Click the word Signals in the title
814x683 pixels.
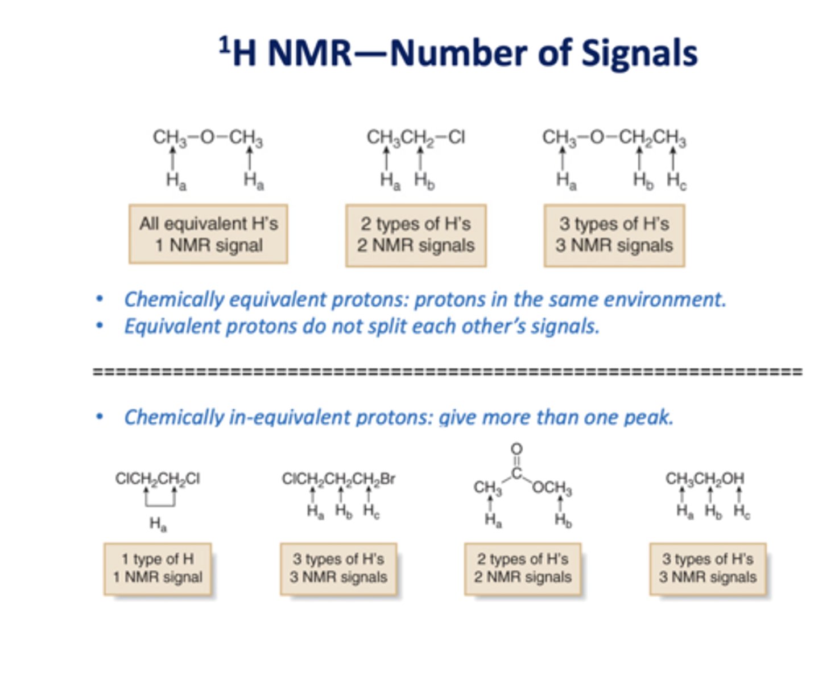click(639, 54)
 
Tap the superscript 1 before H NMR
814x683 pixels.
click(225, 44)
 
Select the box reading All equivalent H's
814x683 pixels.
click(208, 234)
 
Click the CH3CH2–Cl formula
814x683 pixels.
click(415, 137)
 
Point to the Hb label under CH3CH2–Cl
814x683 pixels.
click(424, 180)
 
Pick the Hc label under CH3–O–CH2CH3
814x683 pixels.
click(676, 180)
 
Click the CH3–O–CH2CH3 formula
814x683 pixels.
click(614, 138)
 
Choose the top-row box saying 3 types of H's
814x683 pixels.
click(614, 234)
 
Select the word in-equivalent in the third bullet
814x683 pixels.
click(276, 417)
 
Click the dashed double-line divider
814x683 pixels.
click(447, 372)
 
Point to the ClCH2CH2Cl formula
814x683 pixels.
click(158, 479)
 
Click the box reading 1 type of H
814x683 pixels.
click(158, 568)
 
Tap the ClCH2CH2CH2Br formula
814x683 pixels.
click(338, 479)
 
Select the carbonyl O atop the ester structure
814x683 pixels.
click(516, 449)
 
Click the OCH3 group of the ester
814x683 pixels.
click(552, 488)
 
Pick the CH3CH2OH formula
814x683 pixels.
click(704, 479)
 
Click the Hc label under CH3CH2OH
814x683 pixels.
click(741, 511)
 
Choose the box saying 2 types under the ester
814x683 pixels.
click(523, 568)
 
